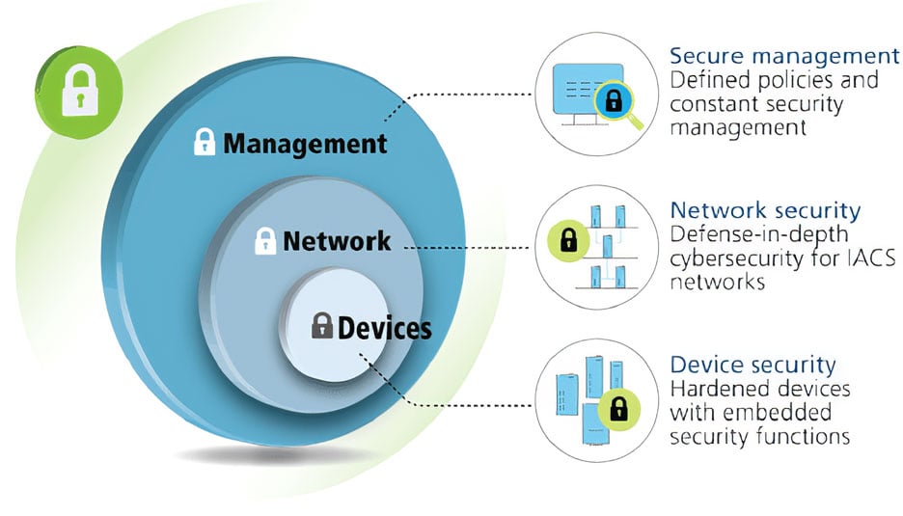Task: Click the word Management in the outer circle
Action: click(305, 145)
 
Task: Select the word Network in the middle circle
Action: click(337, 240)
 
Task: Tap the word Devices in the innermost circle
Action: click(384, 328)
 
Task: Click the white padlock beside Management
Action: click(205, 143)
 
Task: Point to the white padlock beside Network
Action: click(265, 240)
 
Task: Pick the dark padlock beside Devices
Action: click(321, 326)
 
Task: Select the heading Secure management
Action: click(784, 55)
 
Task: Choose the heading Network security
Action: click(765, 209)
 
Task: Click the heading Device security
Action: click(752, 365)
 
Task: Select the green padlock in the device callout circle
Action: click(618, 409)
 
